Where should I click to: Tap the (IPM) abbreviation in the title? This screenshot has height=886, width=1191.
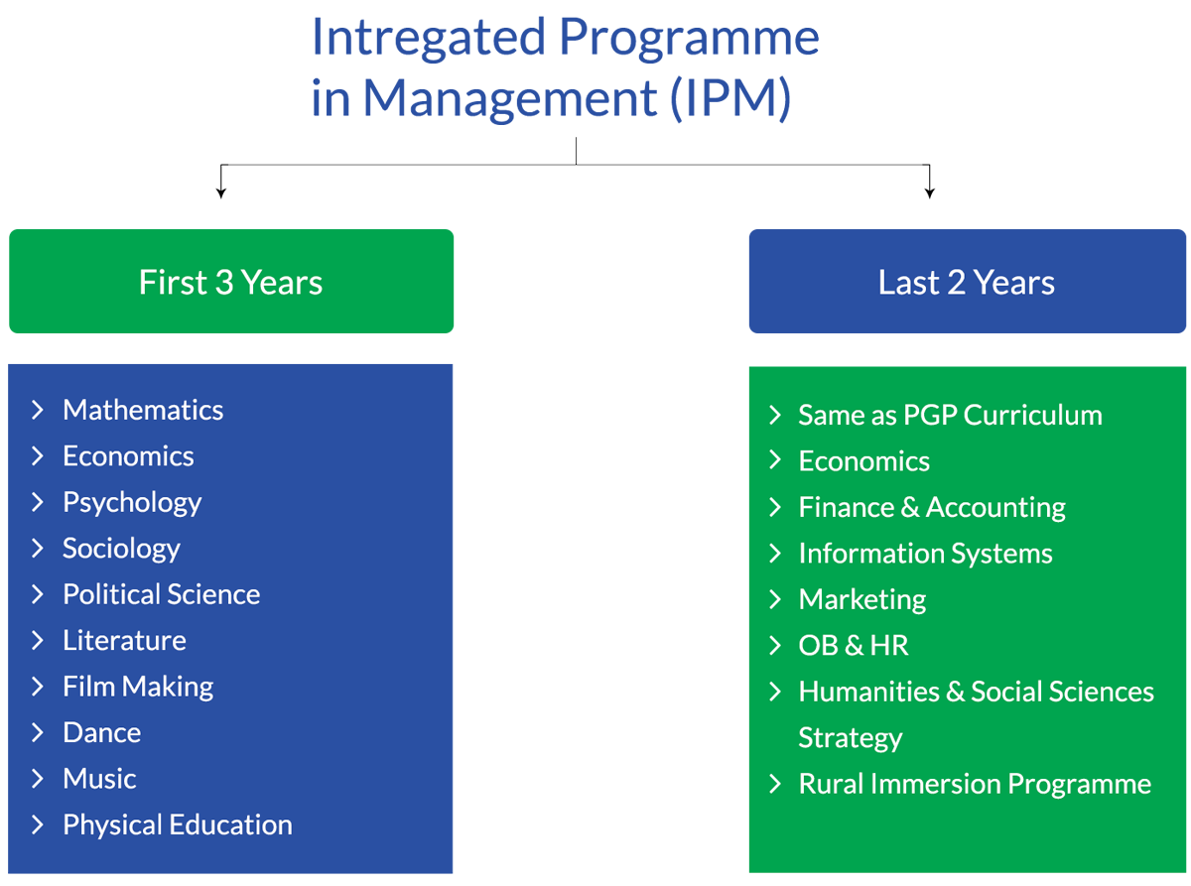(730, 98)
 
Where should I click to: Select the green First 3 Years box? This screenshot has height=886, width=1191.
(231, 282)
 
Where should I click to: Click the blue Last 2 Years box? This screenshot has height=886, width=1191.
(967, 282)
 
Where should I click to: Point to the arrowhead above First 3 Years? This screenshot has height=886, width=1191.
(220, 193)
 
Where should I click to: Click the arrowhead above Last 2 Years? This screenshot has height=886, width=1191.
(930, 193)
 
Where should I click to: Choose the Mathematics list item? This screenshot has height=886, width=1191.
(143, 410)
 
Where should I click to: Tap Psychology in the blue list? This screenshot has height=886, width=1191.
(132, 503)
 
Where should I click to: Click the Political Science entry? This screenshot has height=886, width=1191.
(162, 594)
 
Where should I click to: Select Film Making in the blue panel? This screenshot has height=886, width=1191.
(138, 688)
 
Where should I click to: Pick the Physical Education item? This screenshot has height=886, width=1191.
(178, 824)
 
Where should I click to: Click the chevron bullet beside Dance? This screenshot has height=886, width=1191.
(37, 732)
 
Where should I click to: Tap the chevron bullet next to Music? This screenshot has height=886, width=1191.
(37, 779)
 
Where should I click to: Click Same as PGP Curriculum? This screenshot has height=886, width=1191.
(950, 415)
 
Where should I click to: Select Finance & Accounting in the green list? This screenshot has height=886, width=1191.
(932, 508)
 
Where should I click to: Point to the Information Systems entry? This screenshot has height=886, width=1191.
(925, 554)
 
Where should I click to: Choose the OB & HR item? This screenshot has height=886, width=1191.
(854, 646)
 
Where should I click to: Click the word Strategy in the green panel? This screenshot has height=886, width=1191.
(850, 738)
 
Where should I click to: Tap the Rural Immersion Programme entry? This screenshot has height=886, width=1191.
(975, 784)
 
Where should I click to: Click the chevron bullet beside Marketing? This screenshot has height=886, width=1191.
(774, 599)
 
